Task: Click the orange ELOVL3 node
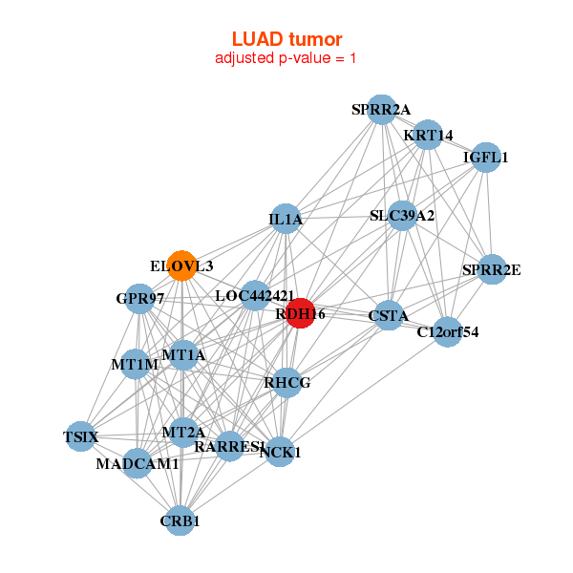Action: pyautogui.click(x=181, y=265)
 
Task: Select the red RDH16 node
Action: pyautogui.click(x=301, y=313)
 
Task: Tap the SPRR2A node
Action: pyautogui.click(x=381, y=109)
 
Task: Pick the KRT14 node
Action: pyautogui.click(x=428, y=135)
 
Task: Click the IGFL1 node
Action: pyautogui.click(x=486, y=158)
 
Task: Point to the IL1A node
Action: pyautogui.click(x=286, y=220)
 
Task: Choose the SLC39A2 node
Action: pyautogui.click(x=402, y=216)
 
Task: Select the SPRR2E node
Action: pyautogui.click(x=491, y=269)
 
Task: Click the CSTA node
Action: pyautogui.click(x=389, y=315)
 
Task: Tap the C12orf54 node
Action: pyautogui.click(x=448, y=331)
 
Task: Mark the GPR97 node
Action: pyautogui.click(x=140, y=299)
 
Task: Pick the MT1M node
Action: pyautogui.click(x=135, y=364)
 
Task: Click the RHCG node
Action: pyautogui.click(x=287, y=383)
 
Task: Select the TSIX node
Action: pyautogui.click(x=81, y=436)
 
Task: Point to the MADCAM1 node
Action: pyautogui.click(x=138, y=463)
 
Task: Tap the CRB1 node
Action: pyautogui.click(x=180, y=520)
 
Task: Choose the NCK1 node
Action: pyautogui.click(x=280, y=451)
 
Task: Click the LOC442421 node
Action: pyautogui.click(x=255, y=296)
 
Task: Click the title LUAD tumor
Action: pyautogui.click(x=286, y=39)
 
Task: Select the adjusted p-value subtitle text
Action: pyautogui.click(x=286, y=58)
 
